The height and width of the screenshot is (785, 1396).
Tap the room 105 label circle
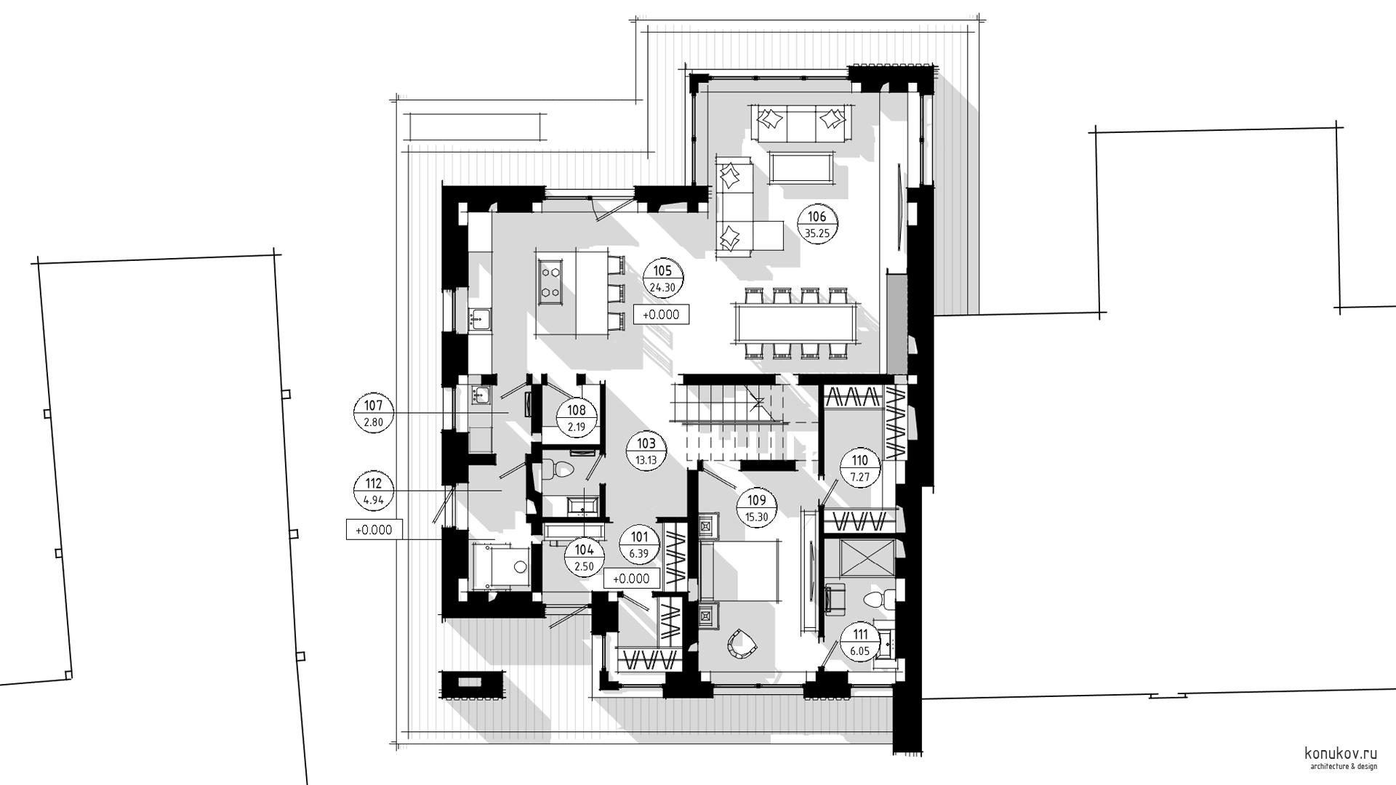point(663,279)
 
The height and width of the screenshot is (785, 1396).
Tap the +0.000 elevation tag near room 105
point(661,314)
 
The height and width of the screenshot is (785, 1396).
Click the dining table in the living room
point(798,323)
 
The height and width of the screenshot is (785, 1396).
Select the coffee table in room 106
point(801,168)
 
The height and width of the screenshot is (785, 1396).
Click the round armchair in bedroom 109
point(744,644)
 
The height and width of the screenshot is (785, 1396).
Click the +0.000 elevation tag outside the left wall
point(374,530)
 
